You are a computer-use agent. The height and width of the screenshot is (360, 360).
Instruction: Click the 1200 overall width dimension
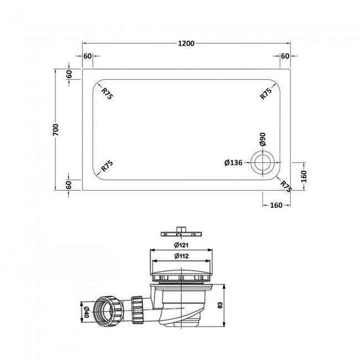(x=187, y=44)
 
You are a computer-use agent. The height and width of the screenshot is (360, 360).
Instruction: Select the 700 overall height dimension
(x=56, y=130)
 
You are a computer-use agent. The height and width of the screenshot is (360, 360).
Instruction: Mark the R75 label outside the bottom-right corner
(x=286, y=186)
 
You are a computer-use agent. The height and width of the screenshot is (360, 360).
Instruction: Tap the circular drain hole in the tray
(x=261, y=162)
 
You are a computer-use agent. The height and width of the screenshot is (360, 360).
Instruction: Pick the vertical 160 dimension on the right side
(x=304, y=176)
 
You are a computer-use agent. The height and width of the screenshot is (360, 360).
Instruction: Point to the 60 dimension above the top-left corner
(x=88, y=56)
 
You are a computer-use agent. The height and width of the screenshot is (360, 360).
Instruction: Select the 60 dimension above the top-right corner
(x=285, y=56)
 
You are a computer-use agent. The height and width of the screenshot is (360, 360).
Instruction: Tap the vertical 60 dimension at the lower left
(x=70, y=184)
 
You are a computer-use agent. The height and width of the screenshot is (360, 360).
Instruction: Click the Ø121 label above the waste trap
(x=182, y=245)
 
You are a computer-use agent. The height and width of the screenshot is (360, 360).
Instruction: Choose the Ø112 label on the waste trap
(x=182, y=256)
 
